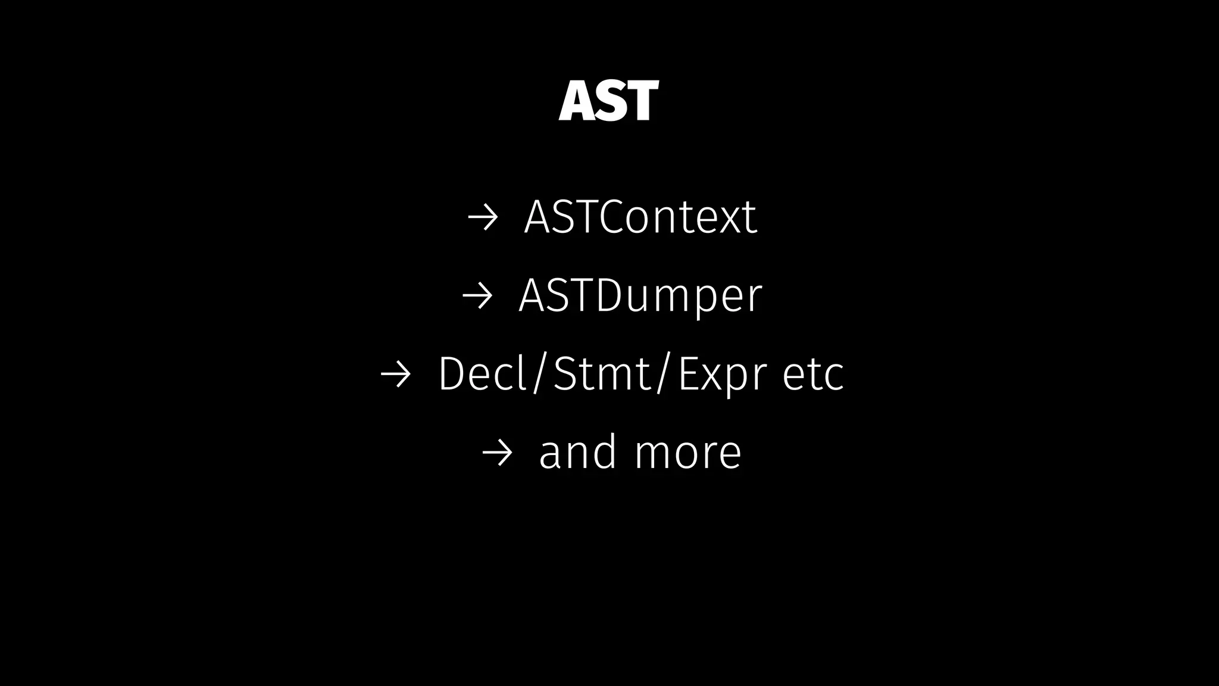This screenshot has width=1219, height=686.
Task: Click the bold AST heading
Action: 608,101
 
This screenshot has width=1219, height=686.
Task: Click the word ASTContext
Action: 640,217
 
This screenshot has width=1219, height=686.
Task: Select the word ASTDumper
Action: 640,295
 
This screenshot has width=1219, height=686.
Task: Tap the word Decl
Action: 483,374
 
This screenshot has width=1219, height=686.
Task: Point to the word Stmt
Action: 602,374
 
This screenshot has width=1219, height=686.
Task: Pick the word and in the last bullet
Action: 577,452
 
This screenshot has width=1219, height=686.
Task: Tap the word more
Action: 687,453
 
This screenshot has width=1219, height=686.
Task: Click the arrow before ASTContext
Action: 482,218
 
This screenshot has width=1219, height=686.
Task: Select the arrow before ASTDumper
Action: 477,296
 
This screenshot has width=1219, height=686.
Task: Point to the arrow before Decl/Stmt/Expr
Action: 395,375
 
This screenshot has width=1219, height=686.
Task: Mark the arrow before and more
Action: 496,453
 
